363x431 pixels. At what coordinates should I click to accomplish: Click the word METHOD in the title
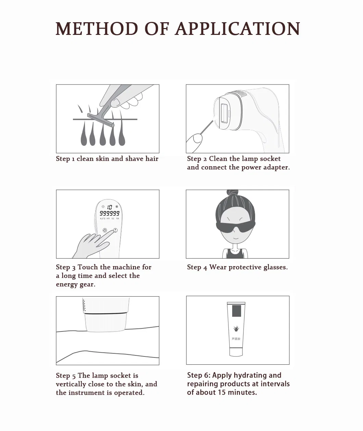pos(97,28)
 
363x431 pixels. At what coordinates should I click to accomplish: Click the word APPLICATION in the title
pos(238,28)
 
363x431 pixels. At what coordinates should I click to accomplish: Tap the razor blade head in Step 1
pos(101,120)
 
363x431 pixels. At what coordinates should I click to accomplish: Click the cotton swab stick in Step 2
pos(206,128)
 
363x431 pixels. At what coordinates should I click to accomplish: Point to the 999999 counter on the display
pos(110,213)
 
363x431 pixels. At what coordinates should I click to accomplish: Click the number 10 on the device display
pos(110,207)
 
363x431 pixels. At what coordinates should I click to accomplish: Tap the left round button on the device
pos(105,230)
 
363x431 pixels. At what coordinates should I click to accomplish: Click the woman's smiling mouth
pos(236,238)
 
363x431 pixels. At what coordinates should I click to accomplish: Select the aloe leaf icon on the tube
pos(236,328)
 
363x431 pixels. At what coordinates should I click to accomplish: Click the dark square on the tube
pos(237,311)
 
